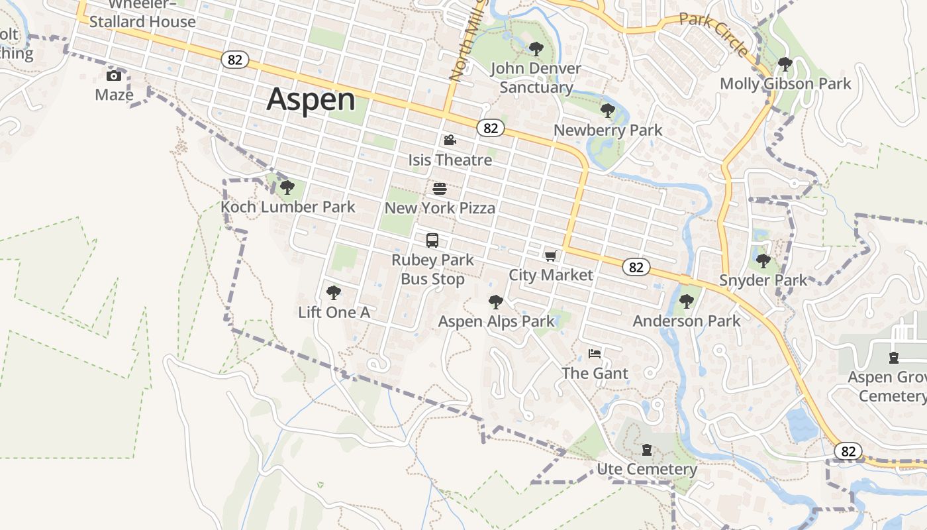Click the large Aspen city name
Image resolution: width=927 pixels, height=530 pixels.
tap(311, 99)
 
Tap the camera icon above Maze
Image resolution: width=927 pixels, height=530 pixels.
tap(114, 76)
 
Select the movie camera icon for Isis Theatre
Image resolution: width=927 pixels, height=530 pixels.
tap(450, 140)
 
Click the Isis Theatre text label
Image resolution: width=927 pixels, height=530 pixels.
tap(450, 160)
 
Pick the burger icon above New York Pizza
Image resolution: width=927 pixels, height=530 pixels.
tap(440, 189)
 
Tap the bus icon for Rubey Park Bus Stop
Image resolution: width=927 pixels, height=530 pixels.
tap(432, 240)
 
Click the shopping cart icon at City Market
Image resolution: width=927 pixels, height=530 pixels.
tap(550, 256)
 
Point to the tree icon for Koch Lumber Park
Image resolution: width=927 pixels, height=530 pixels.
tap(287, 187)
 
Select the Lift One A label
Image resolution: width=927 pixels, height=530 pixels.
tap(334, 312)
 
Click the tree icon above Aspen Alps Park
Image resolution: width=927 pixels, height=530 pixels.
tap(495, 303)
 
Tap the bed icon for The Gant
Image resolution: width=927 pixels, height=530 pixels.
tap(595, 354)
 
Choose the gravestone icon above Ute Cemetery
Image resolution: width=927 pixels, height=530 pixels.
tap(647, 450)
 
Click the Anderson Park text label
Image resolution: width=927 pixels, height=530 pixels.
tap(687, 321)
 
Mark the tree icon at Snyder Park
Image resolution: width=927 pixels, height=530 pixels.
tap(763, 261)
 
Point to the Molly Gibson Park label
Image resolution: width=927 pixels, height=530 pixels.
tap(785, 84)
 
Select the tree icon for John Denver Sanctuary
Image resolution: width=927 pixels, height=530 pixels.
tap(536, 49)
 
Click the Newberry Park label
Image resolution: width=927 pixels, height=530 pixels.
tap(607, 130)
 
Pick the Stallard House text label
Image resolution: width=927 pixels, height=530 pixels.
tap(142, 21)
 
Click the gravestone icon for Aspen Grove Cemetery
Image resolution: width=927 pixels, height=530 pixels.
tap(894, 358)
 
